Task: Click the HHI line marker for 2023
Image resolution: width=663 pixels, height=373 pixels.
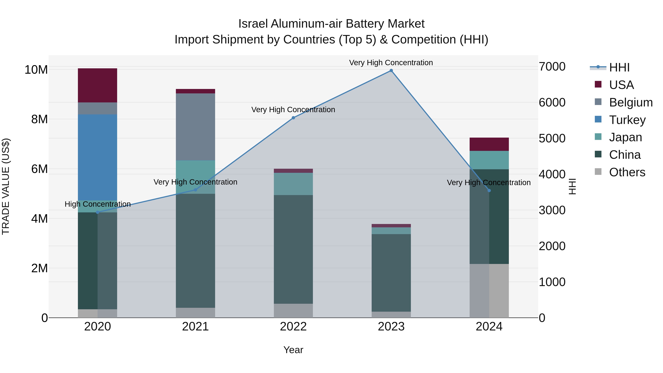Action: tap(391, 71)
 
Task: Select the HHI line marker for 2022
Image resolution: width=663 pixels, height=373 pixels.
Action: tap(293, 118)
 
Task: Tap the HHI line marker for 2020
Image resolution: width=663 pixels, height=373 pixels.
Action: tap(98, 212)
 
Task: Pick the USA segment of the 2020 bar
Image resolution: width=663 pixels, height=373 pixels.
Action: tap(98, 85)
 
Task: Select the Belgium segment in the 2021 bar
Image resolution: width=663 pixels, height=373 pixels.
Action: tap(195, 127)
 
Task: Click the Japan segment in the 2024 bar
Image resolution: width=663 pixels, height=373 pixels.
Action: tap(489, 160)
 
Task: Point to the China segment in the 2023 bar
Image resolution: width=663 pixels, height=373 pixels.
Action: tap(391, 273)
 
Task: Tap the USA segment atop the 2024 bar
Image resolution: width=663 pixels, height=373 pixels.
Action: tap(489, 144)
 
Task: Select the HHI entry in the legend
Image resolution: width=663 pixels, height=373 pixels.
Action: tap(619, 67)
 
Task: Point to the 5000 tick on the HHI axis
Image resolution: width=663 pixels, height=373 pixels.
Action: tap(552, 139)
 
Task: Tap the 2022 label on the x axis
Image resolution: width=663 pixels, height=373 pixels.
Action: tap(293, 327)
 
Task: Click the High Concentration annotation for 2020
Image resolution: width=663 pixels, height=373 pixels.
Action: tap(98, 204)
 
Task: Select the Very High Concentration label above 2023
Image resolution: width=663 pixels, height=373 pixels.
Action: tap(391, 63)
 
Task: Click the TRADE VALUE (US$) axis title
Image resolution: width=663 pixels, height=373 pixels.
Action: tap(6, 186)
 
